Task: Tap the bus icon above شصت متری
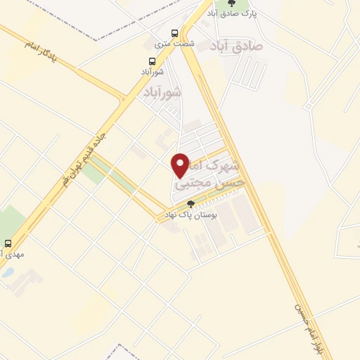coord(174,32)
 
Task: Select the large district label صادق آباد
coord(236,46)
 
